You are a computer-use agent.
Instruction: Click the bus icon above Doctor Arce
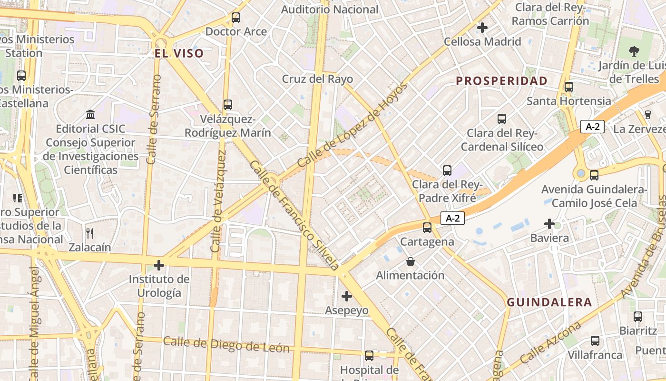click(235, 18)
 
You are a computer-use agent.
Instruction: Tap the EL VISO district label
click(179, 53)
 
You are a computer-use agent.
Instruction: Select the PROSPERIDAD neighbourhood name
click(502, 80)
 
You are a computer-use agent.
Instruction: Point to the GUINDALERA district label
click(549, 302)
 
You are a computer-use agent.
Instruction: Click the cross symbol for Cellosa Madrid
click(482, 28)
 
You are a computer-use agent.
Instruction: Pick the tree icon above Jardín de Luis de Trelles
click(634, 51)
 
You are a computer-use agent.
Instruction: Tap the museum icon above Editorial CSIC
click(90, 114)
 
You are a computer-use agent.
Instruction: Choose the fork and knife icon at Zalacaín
click(89, 233)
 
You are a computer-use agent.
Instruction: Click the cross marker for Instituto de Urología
click(159, 265)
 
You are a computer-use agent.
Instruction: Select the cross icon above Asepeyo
click(347, 296)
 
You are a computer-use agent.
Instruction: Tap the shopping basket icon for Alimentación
click(410, 261)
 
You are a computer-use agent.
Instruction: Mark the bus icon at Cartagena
click(427, 228)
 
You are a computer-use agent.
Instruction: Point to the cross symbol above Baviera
click(549, 223)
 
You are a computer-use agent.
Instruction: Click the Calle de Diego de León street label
click(226, 344)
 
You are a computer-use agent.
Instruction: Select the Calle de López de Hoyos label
click(353, 125)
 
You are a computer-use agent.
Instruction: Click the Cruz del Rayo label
click(317, 79)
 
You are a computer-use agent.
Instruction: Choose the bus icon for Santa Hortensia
click(568, 87)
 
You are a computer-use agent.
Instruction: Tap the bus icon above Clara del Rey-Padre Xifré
click(447, 170)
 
